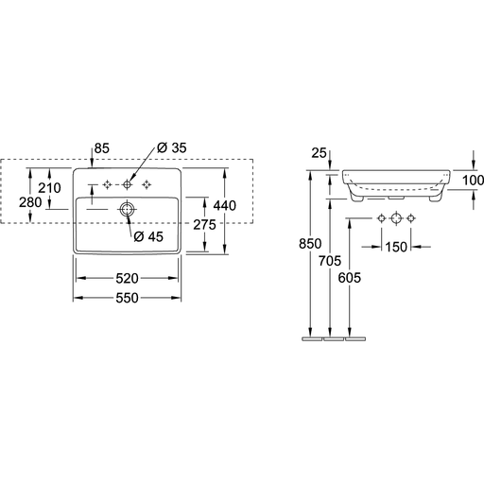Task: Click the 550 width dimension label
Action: [127, 298]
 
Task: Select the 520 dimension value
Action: [127, 278]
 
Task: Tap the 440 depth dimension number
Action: [225, 205]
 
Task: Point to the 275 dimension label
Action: [204, 225]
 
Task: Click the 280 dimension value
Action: [30, 202]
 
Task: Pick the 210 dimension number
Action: [49, 188]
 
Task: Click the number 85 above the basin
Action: [102, 148]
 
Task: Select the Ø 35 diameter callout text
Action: [172, 147]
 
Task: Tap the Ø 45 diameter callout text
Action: [148, 236]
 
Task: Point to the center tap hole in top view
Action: [127, 184]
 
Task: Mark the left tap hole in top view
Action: [108, 184]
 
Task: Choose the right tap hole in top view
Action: [147, 184]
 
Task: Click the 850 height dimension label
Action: [310, 244]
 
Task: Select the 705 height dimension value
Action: [330, 261]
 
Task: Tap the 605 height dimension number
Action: [350, 278]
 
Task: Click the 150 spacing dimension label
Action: [396, 247]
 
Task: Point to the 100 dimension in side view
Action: [473, 181]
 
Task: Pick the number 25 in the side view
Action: [319, 153]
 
